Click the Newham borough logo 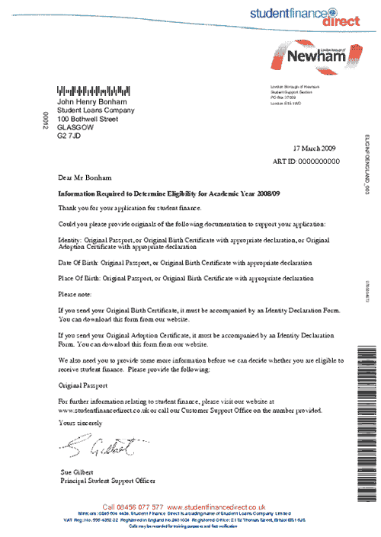pos(314,59)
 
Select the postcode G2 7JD pos(69,136)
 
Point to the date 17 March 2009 pos(313,150)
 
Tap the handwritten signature pos(94,446)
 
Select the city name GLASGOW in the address pos(75,128)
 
